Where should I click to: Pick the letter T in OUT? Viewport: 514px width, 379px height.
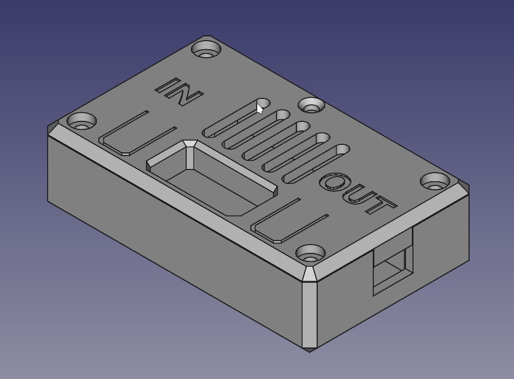pos(381,205)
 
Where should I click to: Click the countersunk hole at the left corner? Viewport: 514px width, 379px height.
pos(81,121)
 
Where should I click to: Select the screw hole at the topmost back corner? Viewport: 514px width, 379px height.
pos(206,50)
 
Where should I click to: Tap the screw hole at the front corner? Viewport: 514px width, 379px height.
pos(310,253)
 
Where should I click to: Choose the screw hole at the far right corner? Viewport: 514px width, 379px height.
pos(435,181)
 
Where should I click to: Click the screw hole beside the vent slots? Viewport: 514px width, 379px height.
pos(311,105)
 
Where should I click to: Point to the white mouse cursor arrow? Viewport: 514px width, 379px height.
pos(259,109)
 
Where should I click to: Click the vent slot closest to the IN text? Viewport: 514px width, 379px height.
pos(235,119)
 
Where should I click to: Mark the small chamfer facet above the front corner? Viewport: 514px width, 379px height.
pos(310,274)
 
